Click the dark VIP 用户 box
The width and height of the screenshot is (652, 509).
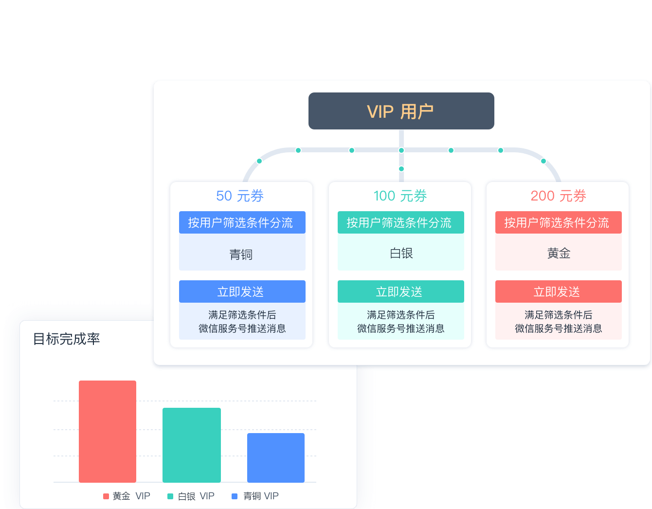click(401, 111)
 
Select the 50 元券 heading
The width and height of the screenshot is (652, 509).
click(240, 196)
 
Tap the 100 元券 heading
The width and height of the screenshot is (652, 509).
click(400, 196)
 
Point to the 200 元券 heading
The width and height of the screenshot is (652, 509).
click(558, 196)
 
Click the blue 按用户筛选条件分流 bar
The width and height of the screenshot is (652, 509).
click(242, 222)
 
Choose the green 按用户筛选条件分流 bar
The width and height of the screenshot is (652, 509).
click(400, 222)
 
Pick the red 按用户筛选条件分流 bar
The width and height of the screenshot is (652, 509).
click(558, 222)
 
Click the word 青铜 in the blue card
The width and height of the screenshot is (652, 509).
click(241, 254)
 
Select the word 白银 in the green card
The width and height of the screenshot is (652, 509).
click(401, 253)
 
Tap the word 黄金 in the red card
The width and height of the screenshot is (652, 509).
click(559, 253)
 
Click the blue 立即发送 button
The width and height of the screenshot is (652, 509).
click(242, 291)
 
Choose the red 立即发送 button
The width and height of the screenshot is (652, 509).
click(558, 291)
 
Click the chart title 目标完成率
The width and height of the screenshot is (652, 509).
click(66, 339)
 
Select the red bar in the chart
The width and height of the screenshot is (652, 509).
click(108, 431)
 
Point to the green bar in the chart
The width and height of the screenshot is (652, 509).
click(192, 445)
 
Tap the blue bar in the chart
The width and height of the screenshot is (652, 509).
click(276, 457)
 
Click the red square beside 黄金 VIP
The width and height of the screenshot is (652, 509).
click(106, 496)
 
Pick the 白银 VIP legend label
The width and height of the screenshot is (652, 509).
click(196, 496)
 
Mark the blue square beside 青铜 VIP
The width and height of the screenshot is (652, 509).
click(235, 496)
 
